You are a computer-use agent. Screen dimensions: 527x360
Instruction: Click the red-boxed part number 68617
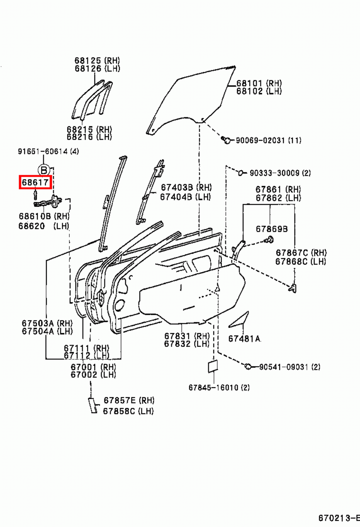35,182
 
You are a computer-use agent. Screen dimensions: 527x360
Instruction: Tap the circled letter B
43,170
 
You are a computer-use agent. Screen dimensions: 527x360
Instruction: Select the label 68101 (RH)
259,83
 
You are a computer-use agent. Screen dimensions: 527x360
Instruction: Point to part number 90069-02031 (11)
268,140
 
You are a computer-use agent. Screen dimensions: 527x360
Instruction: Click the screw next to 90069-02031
226,140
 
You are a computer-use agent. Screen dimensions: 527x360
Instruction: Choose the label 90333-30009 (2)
280,173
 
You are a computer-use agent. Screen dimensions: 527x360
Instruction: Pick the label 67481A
244,339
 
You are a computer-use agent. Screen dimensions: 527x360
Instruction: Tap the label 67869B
272,229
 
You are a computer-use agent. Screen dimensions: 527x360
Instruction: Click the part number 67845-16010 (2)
219,388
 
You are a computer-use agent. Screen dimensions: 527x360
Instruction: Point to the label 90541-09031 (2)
290,367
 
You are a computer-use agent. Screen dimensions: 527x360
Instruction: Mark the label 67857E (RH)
129,400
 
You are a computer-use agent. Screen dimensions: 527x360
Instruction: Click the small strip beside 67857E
92,405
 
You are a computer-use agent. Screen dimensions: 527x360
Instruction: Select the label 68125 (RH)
97,60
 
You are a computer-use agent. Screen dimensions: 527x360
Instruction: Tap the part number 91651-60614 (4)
48,151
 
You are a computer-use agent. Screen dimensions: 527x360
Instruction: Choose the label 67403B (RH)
186,187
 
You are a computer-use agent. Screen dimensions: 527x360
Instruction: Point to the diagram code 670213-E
339,518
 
